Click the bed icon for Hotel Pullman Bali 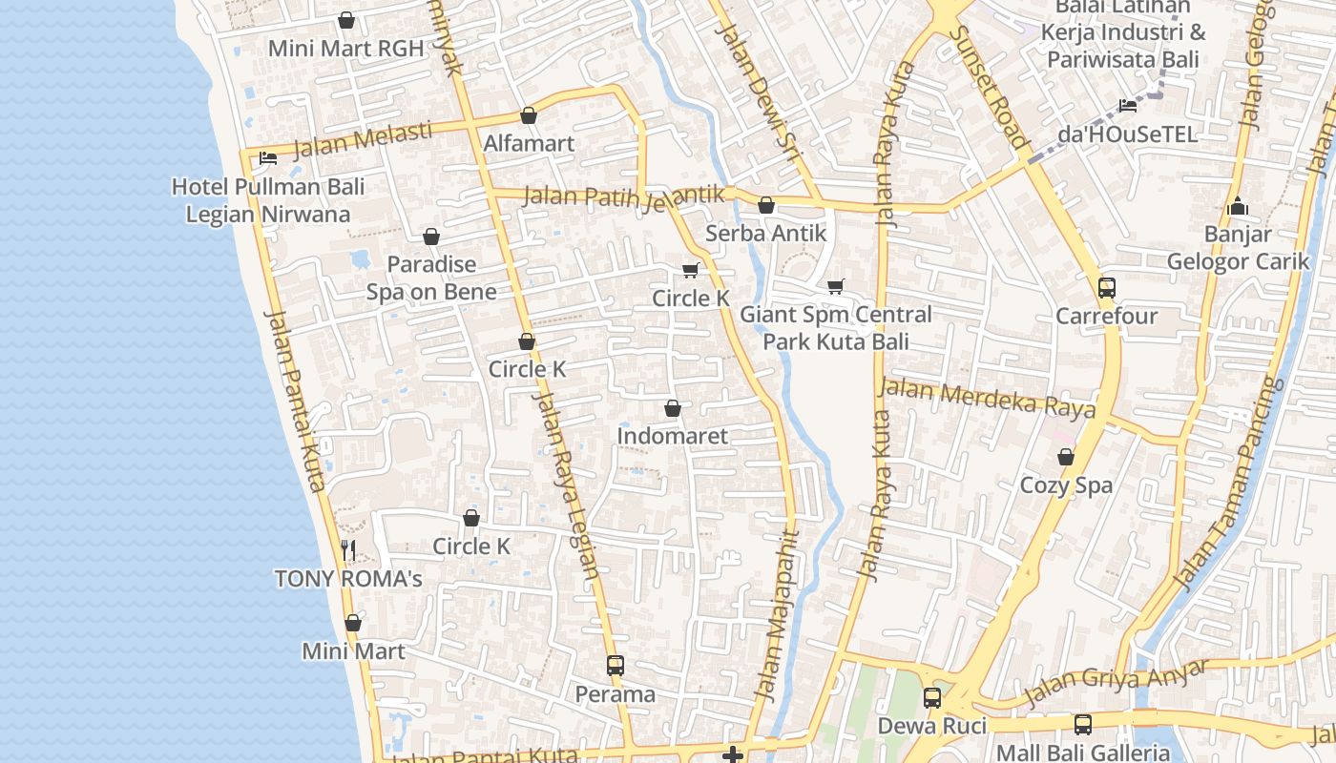268,157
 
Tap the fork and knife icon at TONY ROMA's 348,549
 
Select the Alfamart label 529,144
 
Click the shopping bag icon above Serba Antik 765,205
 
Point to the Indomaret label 672,436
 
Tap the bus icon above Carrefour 1106,287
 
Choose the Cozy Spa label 1066,485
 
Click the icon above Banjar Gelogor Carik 1238,206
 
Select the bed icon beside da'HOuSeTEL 1128,105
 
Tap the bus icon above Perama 616,665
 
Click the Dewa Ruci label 931,726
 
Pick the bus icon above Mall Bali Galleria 1082,724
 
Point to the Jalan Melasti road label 362,139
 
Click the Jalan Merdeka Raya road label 986,399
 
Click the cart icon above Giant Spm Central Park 836,286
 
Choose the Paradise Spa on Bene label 431,278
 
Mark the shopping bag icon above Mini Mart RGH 345,20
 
